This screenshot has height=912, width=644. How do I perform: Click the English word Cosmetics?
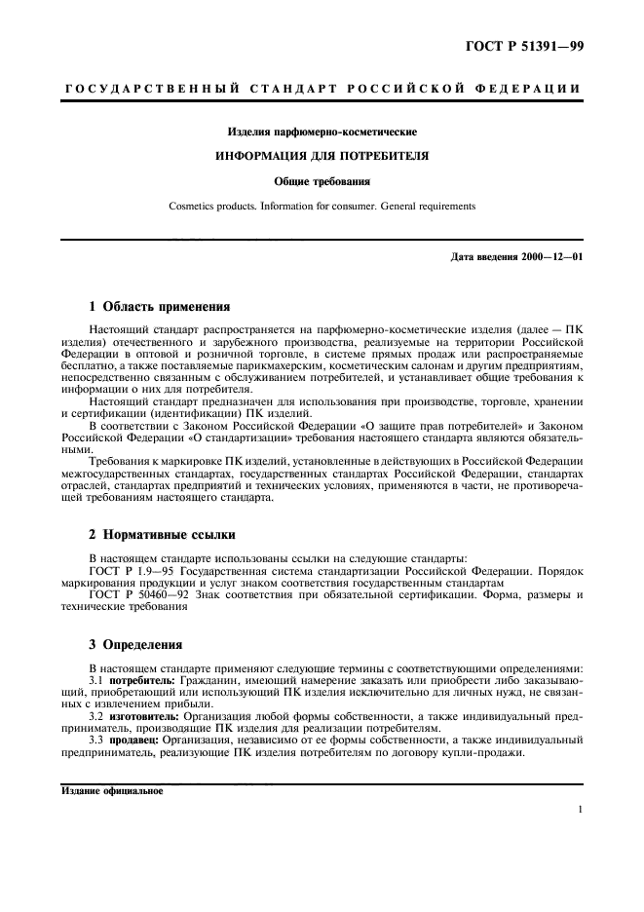pyautogui.click(x=193, y=207)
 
